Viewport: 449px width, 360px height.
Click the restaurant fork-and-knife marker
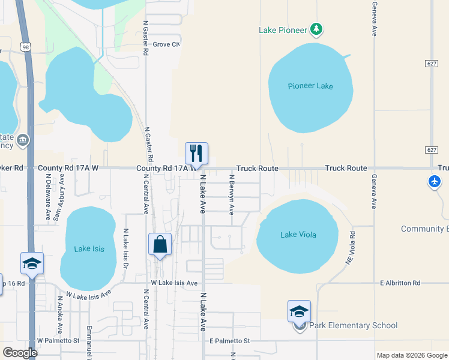[196, 154]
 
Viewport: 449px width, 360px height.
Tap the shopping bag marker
[160, 244]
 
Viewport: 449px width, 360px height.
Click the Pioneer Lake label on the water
[310, 86]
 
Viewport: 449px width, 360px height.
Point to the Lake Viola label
[298, 235]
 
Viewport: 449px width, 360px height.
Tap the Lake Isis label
[89, 248]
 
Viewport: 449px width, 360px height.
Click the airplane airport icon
[435, 181]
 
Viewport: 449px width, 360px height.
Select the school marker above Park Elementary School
[299, 311]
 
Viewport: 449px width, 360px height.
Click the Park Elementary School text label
[354, 326]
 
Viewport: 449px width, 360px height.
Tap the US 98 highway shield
[25, 47]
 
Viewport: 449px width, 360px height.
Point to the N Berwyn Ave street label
[231, 194]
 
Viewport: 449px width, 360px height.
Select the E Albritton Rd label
[409, 283]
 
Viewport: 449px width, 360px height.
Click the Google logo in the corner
[20, 353]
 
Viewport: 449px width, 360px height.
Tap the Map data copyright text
[412, 355]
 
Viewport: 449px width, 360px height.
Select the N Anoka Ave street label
[60, 314]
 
